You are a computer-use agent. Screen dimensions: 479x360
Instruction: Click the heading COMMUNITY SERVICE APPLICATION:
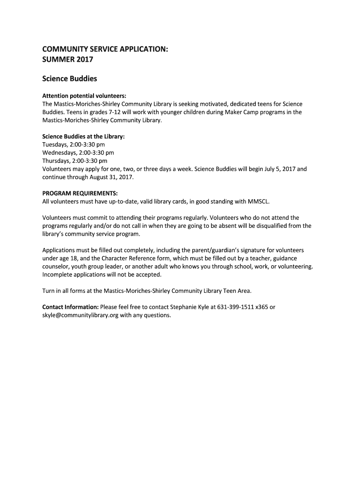click(x=105, y=49)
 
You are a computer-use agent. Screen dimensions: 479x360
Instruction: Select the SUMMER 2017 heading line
click(x=68, y=59)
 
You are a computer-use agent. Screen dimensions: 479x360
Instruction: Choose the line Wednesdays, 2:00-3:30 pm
click(x=78, y=152)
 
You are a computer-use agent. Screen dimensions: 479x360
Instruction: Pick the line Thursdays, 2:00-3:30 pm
click(x=75, y=160)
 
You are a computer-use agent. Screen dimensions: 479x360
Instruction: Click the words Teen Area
click(x=238, y=290)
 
